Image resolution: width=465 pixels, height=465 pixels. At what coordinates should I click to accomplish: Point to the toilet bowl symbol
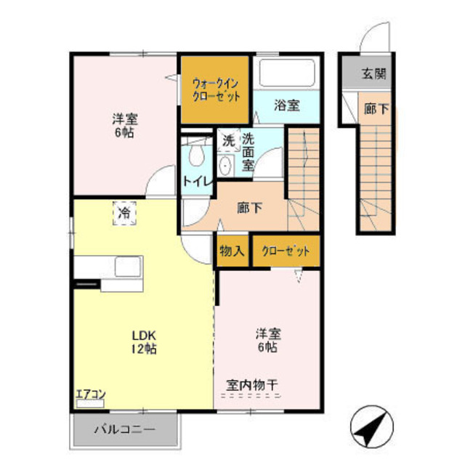pyautogui.click(x=195, y=155)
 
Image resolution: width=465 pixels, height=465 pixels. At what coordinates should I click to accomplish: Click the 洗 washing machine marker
pyautogui.click(x=228, y=139)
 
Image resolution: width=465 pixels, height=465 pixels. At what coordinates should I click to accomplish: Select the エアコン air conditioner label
pyautogui.click(x=91, y=395)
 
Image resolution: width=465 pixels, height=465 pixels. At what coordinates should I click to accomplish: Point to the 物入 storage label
pyautogui.click(x=232, y=251)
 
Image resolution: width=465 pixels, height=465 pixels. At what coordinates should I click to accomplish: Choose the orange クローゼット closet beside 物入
pyautogui.click(x=286, y=251)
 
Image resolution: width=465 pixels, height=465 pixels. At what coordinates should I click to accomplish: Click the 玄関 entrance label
pyautogui.click(x=374, y=73)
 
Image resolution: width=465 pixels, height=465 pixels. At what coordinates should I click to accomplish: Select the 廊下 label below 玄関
pyautogui.click(x=376, y=110)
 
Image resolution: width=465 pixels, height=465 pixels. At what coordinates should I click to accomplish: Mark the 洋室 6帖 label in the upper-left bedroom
pyautogui.click(x=125, y=126)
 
